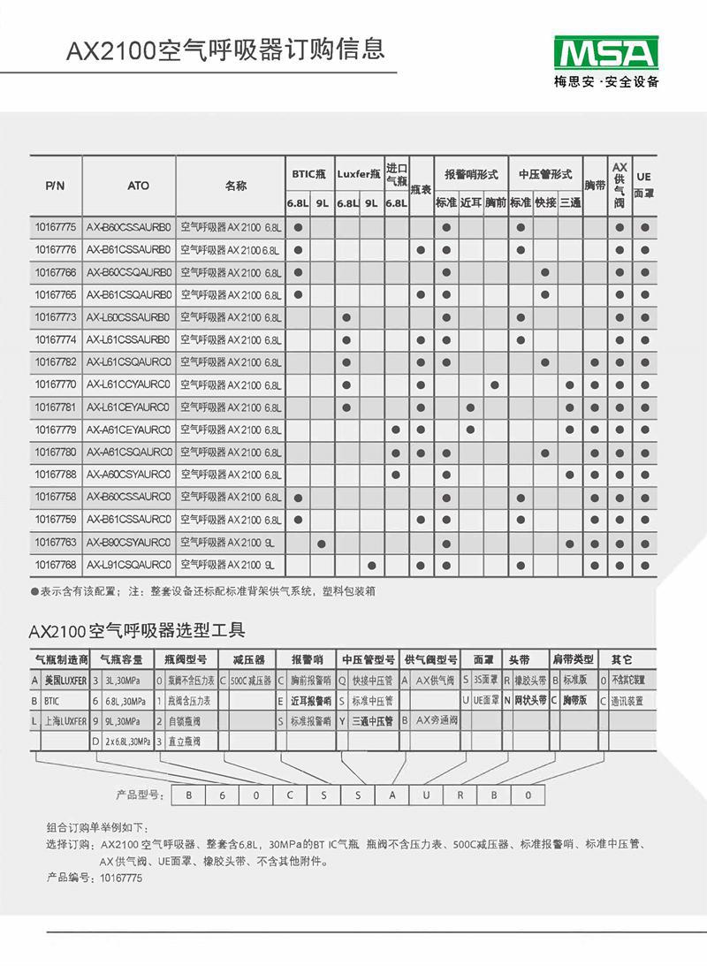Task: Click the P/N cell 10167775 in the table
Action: [x=55, y=227]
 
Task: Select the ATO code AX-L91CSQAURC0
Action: [x=129, y=564]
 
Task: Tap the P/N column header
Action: [x=55, y=186]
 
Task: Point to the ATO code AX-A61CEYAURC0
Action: [x=129, y=430]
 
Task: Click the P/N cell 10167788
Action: [x=55, y=475]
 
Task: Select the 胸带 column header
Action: [x=596, y=186]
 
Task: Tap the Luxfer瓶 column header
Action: [x=359, y=174]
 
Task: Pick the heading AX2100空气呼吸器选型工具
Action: [x=136, y=631]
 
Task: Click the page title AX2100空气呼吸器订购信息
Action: [x=225, y=48]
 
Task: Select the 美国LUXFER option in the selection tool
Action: [x=65, y=681]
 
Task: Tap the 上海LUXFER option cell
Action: [x=65, y=721]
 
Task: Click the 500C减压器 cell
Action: [x=250, y=681]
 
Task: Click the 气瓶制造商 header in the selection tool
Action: [x=61, y=659]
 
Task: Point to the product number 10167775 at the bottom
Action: [x=120, y=879]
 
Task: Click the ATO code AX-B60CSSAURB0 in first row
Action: [x=129, y=227]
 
